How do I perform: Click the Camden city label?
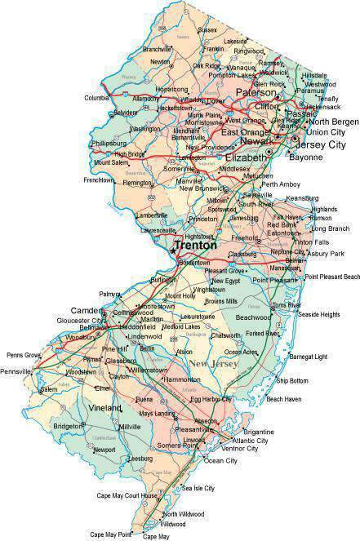click(87, 311)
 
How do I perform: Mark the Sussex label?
click(184, 29)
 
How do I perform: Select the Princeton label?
click(201, 220)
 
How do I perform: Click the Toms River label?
click(287, 305)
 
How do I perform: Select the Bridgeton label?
click(66, 426)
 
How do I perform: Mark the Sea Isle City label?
click(198, 488)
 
